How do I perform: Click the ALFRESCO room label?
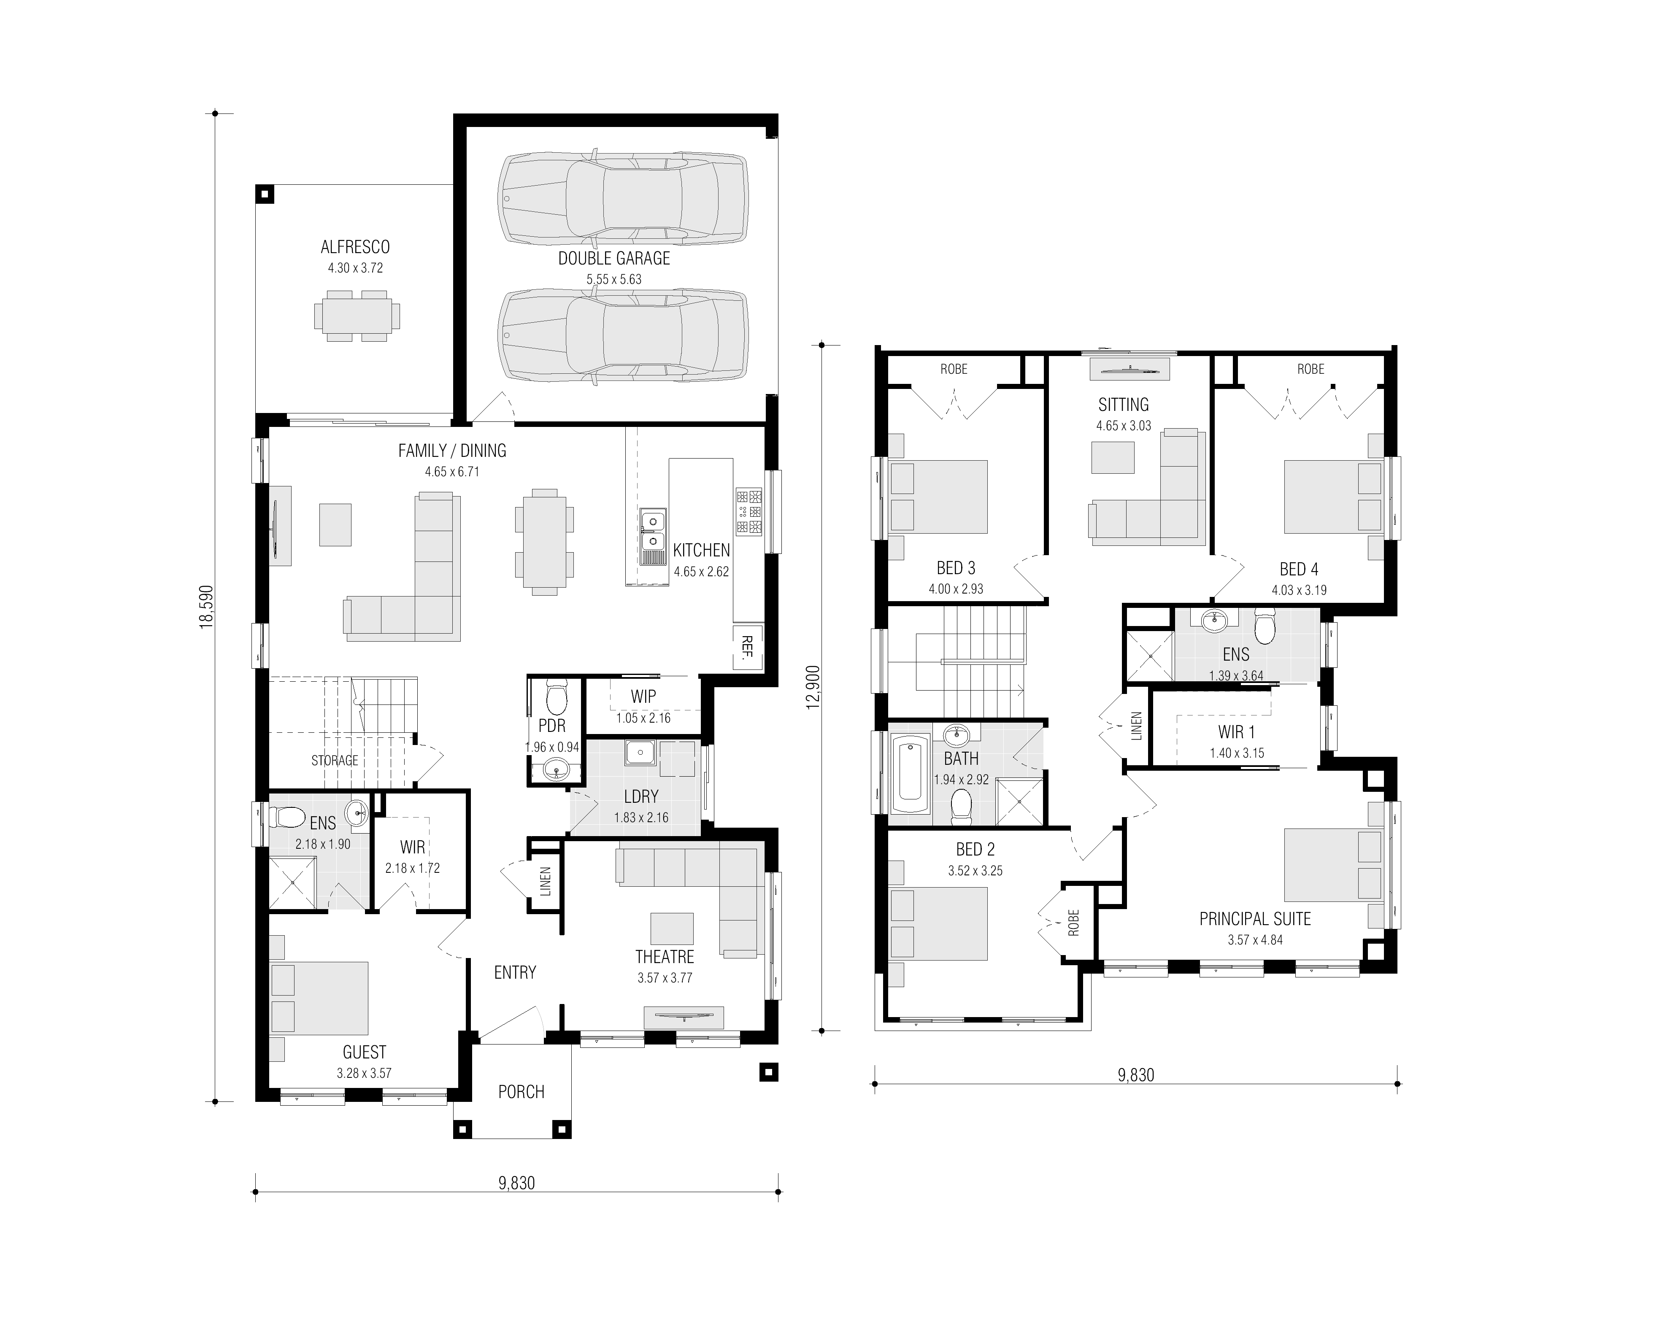tap(356, 247)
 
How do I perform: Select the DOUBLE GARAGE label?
tap(614, 259)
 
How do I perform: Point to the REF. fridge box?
tap(748, 647)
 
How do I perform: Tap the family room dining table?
tap(545, 542)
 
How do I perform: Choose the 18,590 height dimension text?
tap(206, 607)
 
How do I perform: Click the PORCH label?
tap(521, 1092)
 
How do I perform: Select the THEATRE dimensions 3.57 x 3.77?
tap(665, 978)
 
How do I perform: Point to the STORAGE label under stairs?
tap(335, 761)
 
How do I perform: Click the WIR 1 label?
tap(1236, 732)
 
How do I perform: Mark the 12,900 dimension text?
tap(813, 687)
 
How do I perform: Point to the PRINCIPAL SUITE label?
tap(1255, 919)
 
